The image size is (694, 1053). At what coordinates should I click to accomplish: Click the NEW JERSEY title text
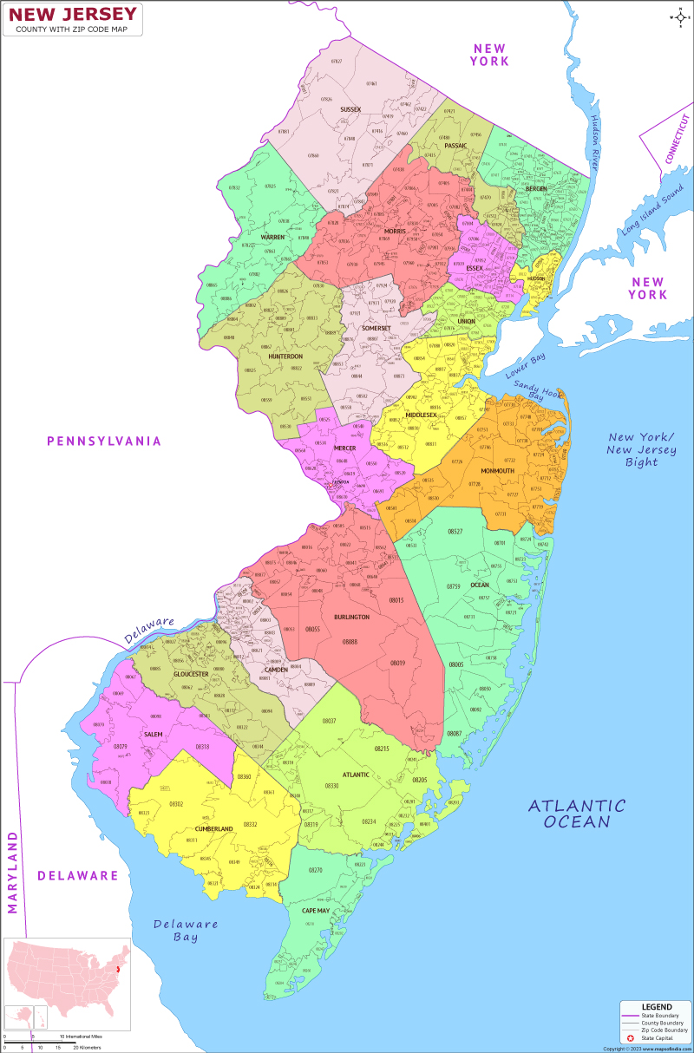73,14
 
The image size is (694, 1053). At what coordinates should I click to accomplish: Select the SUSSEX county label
350,109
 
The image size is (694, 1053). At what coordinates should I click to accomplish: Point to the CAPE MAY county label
315,911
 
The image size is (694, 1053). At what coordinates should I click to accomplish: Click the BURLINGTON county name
351,617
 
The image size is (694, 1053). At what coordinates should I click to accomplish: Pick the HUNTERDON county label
285,356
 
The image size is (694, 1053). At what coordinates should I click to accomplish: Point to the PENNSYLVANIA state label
104,441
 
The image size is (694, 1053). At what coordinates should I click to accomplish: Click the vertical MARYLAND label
13,872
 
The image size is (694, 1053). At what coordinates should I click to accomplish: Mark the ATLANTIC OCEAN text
577,814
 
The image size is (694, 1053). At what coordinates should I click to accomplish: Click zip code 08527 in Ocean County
455,531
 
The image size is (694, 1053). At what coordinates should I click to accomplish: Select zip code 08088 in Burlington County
350,641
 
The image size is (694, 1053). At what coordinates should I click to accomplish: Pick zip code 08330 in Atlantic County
331,785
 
